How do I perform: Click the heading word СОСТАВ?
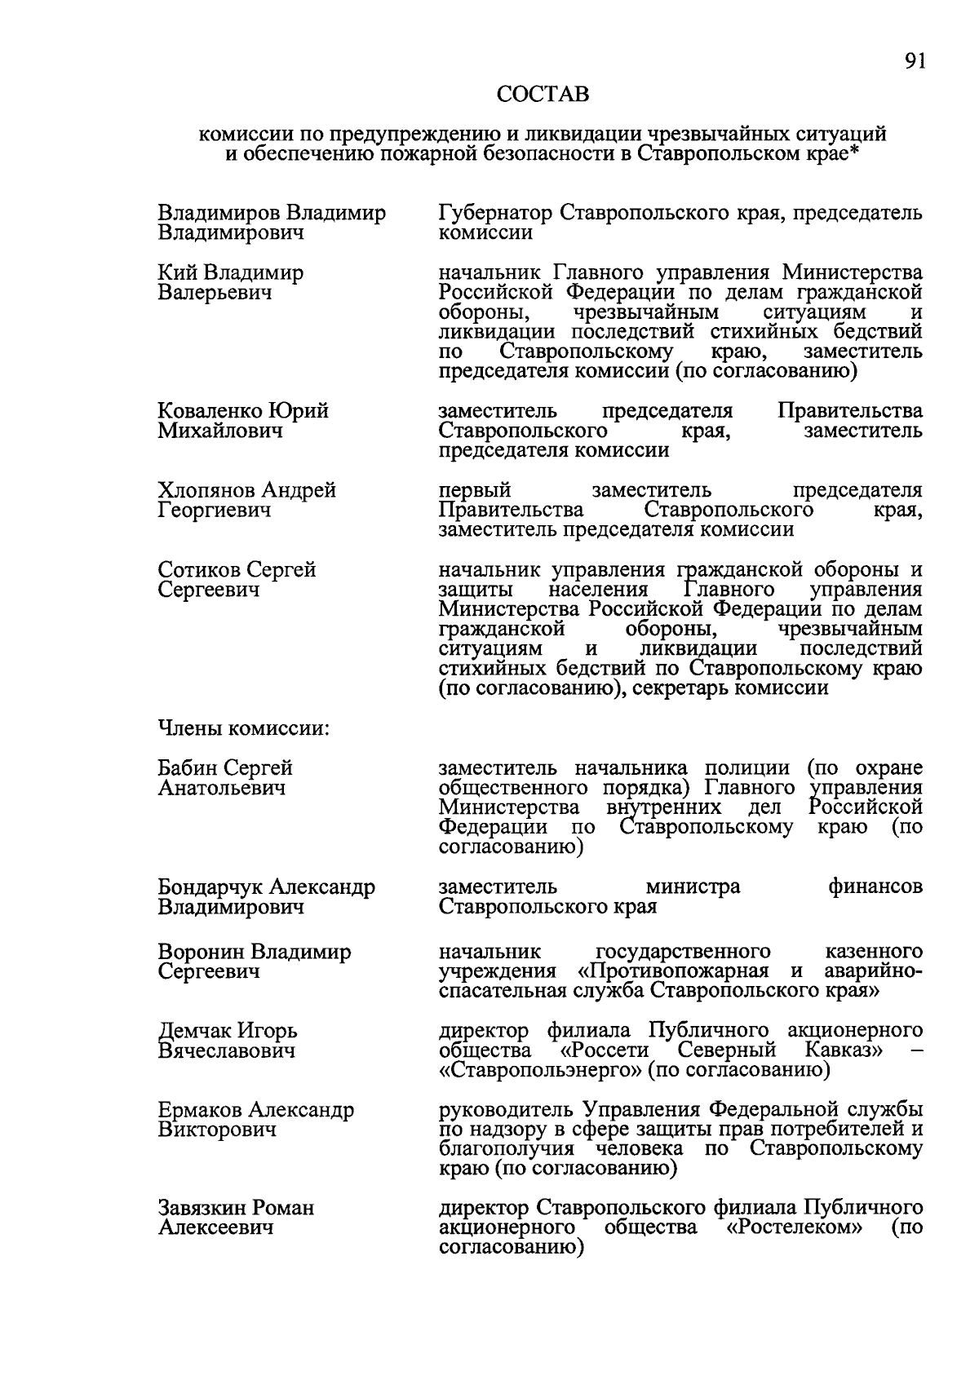click(x=543, y=95)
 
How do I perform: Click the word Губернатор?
click(x=495, y=214)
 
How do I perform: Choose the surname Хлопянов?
click(x=207, y=491)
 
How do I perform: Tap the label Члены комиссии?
click(x=243, y=727)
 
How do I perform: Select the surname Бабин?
click(x=188, y=768)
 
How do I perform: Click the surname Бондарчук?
click(x=210, y=887)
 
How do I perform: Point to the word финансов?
click(x=875, y=887)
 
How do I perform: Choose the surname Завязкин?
click(x=202, y=1208)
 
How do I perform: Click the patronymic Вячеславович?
click(x=227, y=1051)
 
